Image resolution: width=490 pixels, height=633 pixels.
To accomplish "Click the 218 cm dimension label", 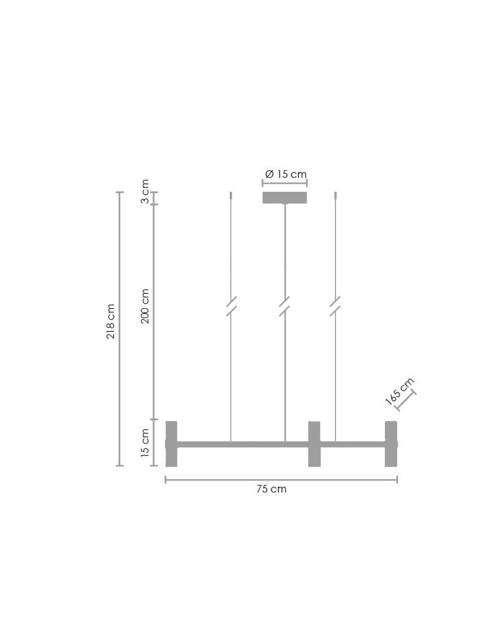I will (111, 321).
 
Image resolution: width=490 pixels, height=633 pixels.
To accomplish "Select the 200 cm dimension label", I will (145, 306).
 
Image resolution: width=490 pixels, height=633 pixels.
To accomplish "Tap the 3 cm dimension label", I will (145, 192).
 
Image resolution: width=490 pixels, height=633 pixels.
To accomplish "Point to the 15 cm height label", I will (145, 442).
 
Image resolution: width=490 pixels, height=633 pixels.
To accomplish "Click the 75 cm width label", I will (272, 489).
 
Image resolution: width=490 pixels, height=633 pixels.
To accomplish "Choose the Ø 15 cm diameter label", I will (286, 174).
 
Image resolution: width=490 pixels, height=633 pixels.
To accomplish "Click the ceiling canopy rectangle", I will (285, 197).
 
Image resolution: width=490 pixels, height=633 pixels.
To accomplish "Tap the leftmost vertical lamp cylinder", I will (171, 444).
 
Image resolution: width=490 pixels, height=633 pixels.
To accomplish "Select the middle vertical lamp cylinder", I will (314, 444).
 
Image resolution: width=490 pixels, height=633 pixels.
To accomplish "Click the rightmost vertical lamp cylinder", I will (391, 444).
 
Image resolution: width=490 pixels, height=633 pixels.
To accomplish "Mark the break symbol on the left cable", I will (231, 306).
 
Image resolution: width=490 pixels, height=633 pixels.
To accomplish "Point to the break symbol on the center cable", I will (285, 306).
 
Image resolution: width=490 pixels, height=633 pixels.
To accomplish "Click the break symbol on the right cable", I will (336, 306).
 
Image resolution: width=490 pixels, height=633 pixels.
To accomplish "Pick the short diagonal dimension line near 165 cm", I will (406, 401).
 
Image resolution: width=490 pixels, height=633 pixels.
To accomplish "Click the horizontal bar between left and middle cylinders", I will (242, 444).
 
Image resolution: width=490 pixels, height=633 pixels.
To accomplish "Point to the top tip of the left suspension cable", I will (231, 193).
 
